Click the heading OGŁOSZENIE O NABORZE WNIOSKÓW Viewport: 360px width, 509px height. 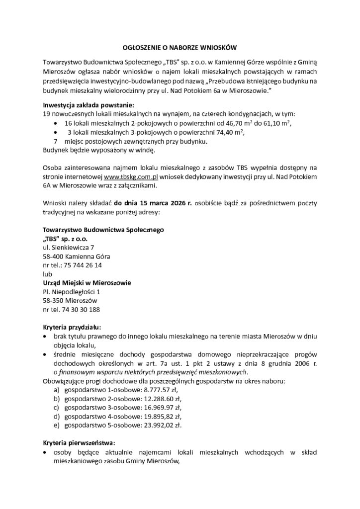[x=180, y=47]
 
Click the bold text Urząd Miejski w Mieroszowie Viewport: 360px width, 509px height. [x=87, y=283]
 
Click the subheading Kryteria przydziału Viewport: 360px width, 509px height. [x=72, y=328]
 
